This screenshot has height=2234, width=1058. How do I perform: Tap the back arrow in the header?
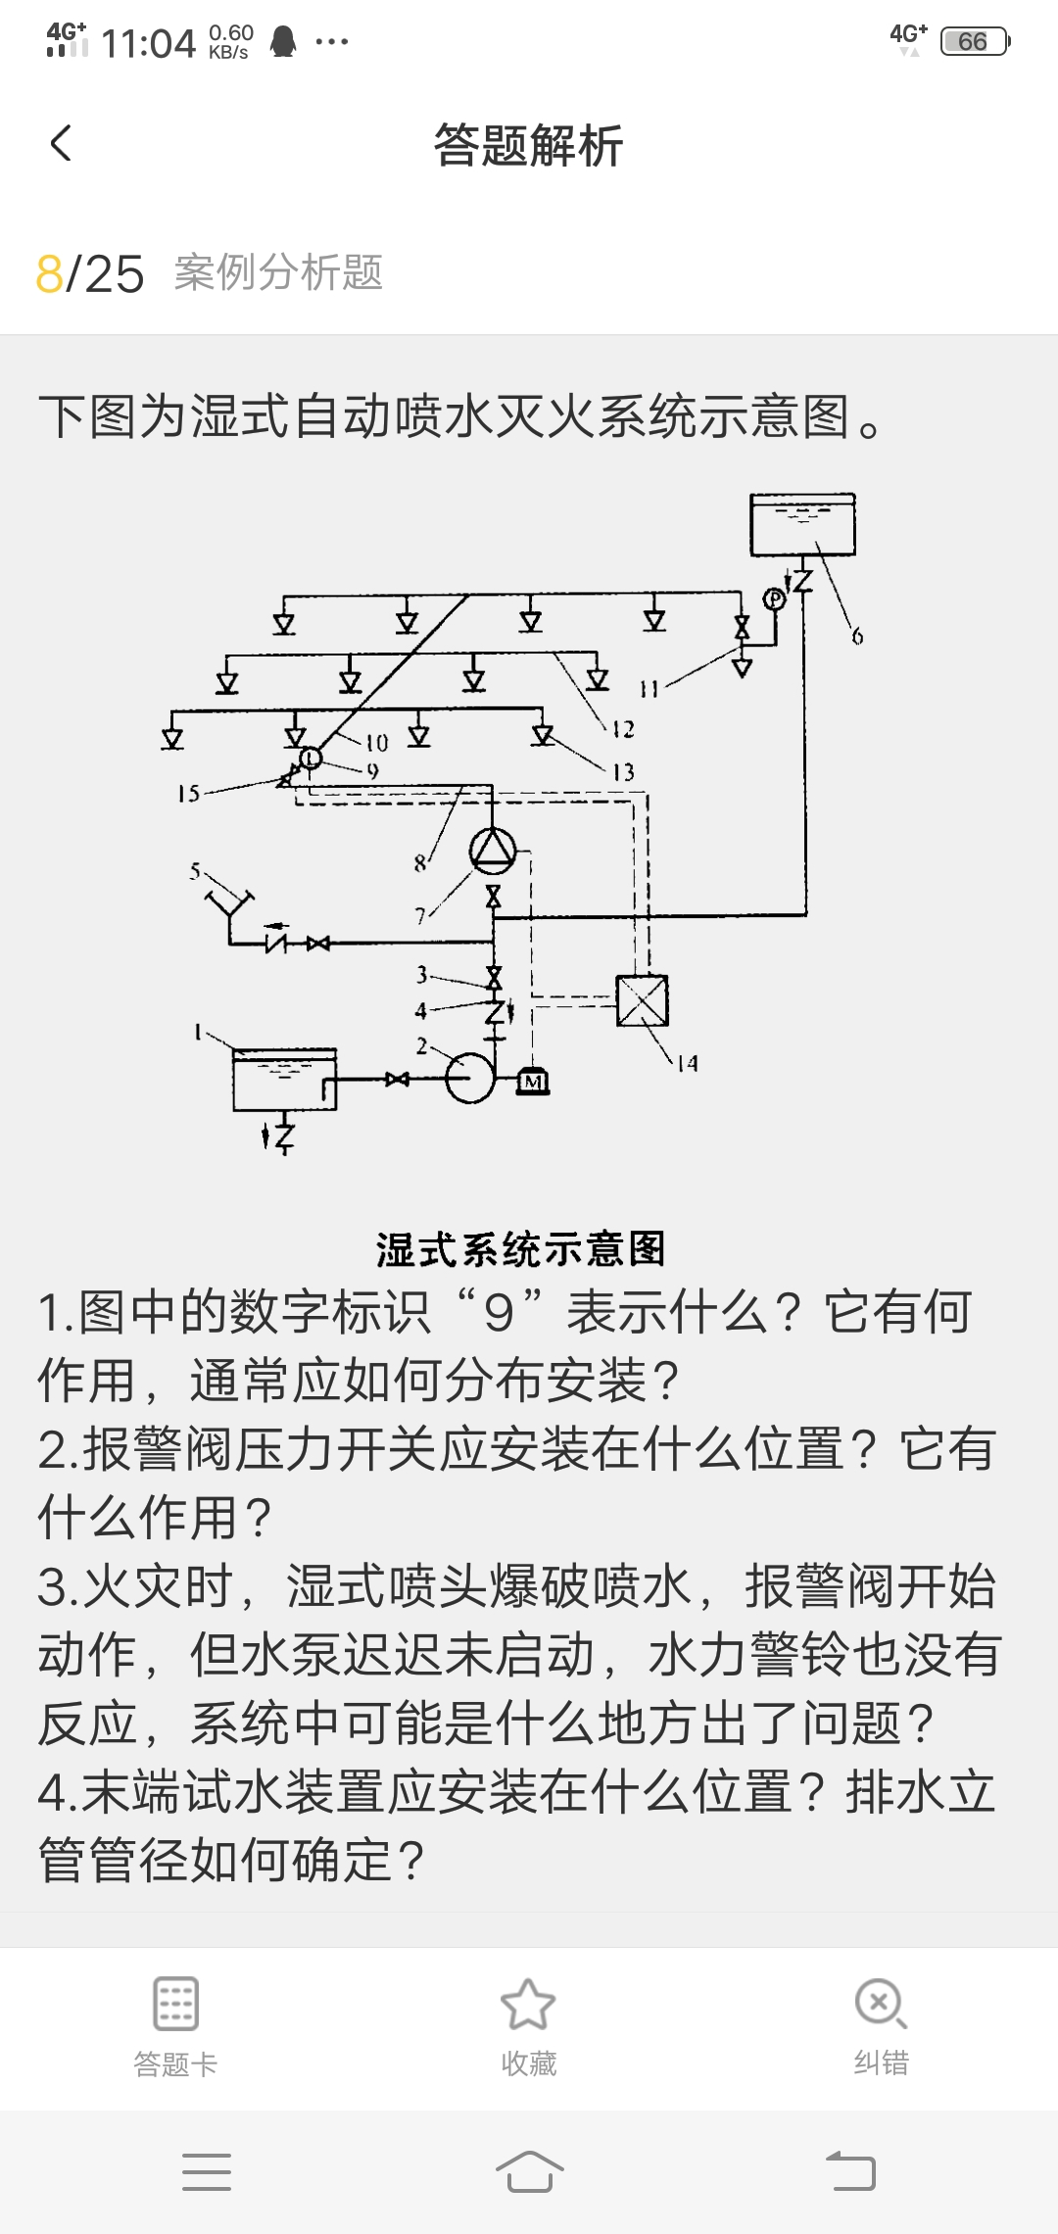tap(61, 144)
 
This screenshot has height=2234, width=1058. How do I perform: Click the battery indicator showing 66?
tap(974, 41)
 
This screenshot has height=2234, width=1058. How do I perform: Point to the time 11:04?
tap(148, 44)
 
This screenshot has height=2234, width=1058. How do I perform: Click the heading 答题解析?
tap(528, 146)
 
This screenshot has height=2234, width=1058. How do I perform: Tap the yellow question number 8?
tap(49, 273)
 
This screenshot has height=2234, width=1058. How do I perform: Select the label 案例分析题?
tap(278, 272)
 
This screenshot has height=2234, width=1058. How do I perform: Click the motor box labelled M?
tap(533, 1081)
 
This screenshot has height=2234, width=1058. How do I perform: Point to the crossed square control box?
tap(643, 1000)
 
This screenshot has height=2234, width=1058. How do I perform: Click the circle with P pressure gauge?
tap(775, 598)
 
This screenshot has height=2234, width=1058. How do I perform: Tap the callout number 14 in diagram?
tap(688, 1063)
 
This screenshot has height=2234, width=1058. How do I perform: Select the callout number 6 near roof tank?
tap(857, 637)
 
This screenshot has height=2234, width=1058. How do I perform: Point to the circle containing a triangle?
tap(493, 850)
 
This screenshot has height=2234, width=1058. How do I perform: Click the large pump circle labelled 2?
tap(471, 1078)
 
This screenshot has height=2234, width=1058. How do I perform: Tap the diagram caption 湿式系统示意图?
tap(520, 1249)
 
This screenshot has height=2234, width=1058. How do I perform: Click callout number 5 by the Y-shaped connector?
tap(195, 870)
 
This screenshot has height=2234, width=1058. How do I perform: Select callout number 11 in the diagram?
tap(648, 689)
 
